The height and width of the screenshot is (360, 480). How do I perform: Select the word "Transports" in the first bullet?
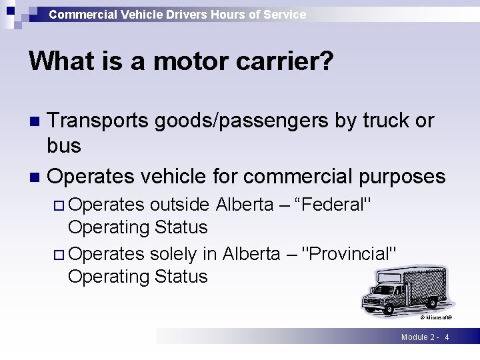point(99,120)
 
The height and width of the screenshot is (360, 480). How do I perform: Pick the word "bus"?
point(64,145)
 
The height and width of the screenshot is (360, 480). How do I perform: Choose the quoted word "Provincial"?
point(349,254)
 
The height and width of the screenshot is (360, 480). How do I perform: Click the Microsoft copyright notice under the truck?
point(436,318)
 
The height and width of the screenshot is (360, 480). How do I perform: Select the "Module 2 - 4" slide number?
point(425,337)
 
